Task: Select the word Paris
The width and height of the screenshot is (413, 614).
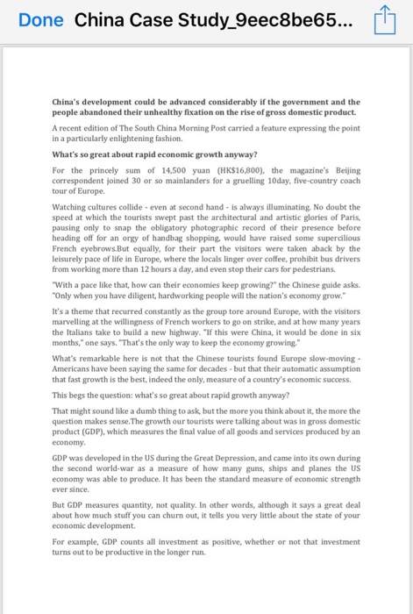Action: click(x=348, y=221)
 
